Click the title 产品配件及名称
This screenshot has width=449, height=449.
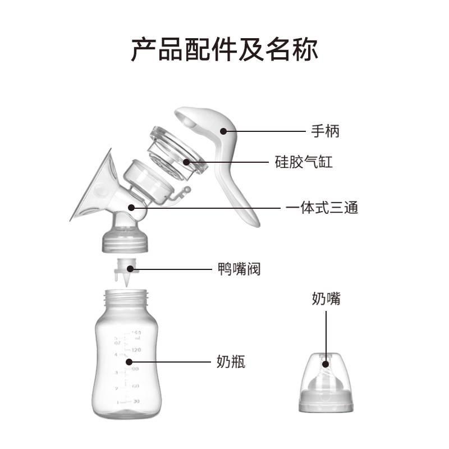click(x=224, y=49)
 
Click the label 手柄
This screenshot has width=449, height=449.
click(x=326, y=132)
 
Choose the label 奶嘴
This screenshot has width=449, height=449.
click(x=326, y=299)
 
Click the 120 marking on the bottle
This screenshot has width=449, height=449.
click(x=136, y=349)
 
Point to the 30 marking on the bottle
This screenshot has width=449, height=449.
click(x=135, y=402)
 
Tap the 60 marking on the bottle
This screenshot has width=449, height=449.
click(x=135, y=386)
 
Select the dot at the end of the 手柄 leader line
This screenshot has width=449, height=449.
click(x=223, y=132)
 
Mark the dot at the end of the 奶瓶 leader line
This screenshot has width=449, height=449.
click(x=129, y=363)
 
